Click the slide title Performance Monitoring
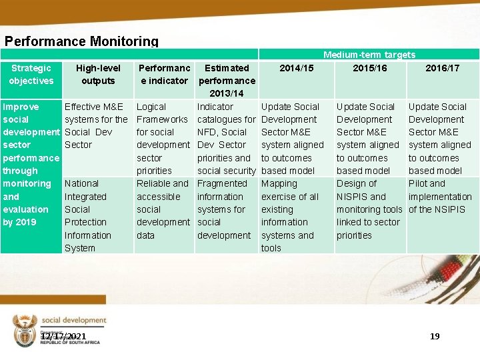click(81, 41)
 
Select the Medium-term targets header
click(369, 55)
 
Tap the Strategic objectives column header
click(31, 74)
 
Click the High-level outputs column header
click(98, 74)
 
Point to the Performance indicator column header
click(164, 74)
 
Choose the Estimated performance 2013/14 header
click(227, 81)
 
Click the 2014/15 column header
click(296, 68)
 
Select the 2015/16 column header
click(369, 68)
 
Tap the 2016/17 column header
click(443, 68)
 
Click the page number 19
click(435, 336)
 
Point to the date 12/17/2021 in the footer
click(63, 337)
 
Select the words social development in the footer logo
click(73, 321)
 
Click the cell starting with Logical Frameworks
click(163, 138)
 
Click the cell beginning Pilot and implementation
click(439, 196)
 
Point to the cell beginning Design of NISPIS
click(369, 209)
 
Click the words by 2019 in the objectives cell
click(18, 222)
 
